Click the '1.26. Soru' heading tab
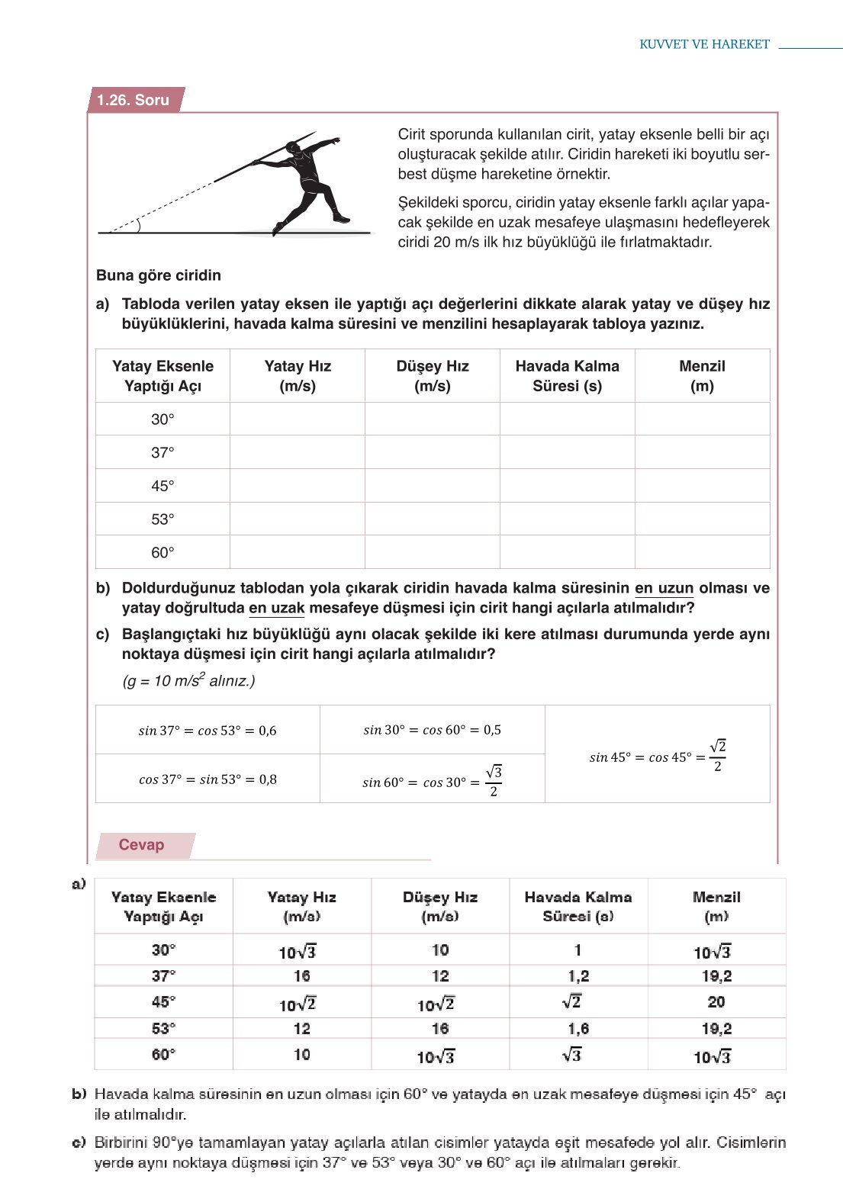[134, 100]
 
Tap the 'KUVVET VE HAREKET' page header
[704, 44]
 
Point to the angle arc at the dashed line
[137, 225]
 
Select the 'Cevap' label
[141, 845]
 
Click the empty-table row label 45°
[162, 486]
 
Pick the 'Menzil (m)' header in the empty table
[702, 376]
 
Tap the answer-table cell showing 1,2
[578, 976]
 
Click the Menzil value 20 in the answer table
[716, 1002]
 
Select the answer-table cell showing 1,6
[578, 1029]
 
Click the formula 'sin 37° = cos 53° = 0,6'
[208, 731]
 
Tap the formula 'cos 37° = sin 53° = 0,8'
[208, 779]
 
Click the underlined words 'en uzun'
[664, 589]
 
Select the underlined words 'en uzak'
[276, 609]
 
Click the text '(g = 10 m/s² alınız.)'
[188, 681]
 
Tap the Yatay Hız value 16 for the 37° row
[302, 976]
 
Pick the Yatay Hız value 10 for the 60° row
[302, 1055]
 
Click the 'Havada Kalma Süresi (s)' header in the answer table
[578, 907]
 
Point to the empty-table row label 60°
[162, 552]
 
